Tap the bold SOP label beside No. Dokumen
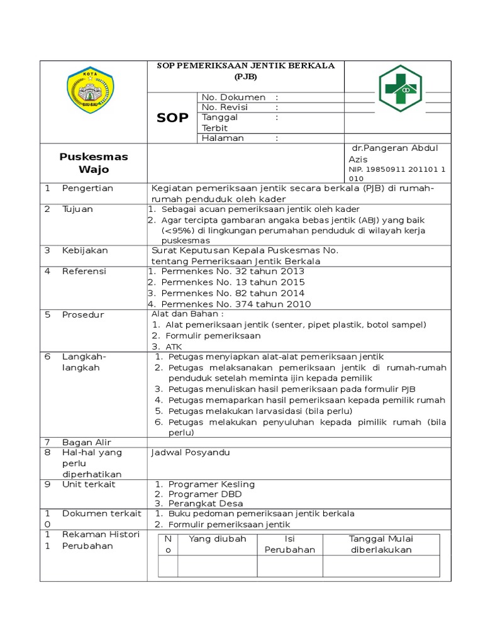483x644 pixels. coord(172,118)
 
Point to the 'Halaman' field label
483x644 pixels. coord(223,138)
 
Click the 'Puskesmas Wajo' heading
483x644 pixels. coord(93,163)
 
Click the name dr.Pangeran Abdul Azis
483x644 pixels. coord(393,153)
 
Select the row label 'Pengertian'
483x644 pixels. coord(87,188)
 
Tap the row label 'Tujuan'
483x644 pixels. coord(77,209)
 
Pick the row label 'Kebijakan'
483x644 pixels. coord(85,250)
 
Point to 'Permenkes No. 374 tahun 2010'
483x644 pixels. coord(236,304)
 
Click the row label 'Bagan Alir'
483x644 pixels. coord(86,443)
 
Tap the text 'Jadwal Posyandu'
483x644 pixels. coord(191,453)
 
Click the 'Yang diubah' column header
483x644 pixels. coord(218,539)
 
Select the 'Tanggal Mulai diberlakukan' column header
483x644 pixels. coord(381,544)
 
